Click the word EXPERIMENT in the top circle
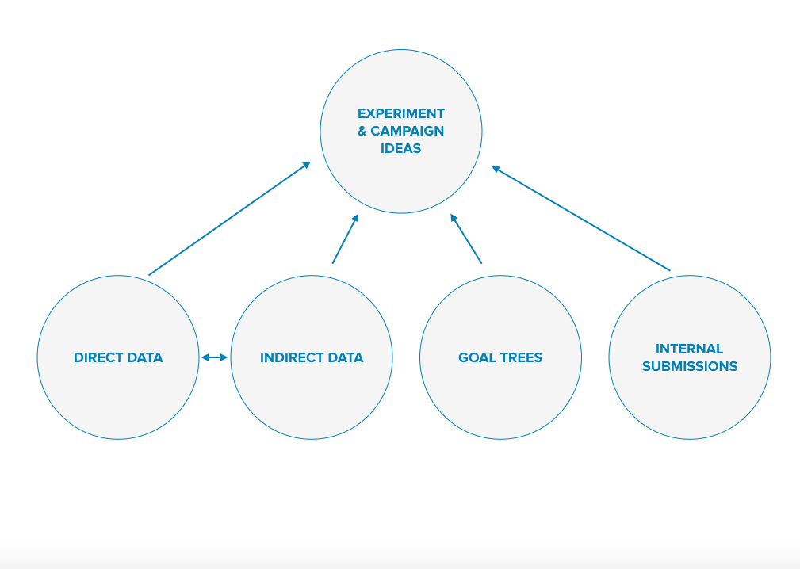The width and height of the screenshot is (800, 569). click(401, 113)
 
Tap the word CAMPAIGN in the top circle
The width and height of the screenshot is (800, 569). click(408, 131)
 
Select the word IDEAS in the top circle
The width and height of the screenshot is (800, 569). click(401, 148)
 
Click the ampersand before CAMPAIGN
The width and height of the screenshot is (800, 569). click(362, 131)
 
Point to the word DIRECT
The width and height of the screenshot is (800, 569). click(98, 357)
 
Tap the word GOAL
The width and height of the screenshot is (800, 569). click(476, 357)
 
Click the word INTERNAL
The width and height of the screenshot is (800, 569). click(689, 349)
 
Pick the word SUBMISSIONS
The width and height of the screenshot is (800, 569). click(690, 366)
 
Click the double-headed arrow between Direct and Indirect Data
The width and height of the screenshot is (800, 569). click(214, 357)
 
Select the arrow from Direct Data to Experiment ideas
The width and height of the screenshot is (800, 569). click(230, 219)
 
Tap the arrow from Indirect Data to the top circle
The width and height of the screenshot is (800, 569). click(346, 239)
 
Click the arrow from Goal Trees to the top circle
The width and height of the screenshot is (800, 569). click(466, 239)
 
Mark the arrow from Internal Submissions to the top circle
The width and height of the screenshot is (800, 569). click(581, 218)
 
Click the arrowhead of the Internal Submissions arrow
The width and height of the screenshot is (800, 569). click(496, 169)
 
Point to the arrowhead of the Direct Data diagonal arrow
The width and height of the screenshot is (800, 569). click(307, 165)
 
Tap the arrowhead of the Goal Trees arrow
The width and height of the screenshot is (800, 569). click(453, 218)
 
